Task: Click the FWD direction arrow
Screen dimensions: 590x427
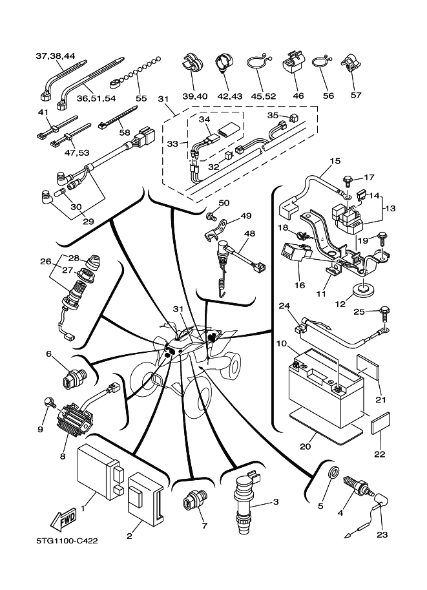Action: (63, 518)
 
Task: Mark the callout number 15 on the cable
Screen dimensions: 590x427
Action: (335, 160)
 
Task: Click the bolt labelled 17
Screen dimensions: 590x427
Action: (349, 178)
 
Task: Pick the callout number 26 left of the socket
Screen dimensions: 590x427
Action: (45, 262)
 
